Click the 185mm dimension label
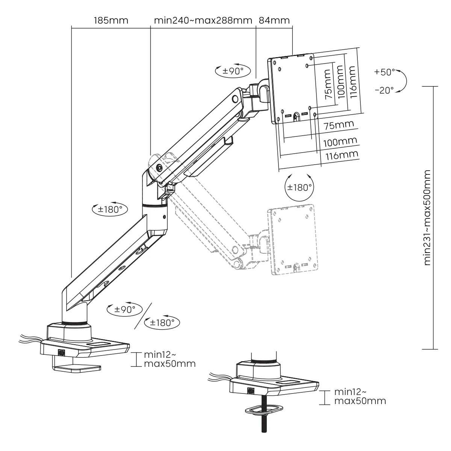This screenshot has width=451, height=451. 111,20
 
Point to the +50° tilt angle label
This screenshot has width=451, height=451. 385,72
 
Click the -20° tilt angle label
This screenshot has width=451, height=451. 384,90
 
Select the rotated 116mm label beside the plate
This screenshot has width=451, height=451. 352,82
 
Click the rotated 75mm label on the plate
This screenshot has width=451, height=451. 327,83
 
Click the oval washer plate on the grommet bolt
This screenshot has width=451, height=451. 263,409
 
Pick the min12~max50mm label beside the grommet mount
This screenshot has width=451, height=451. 360,397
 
